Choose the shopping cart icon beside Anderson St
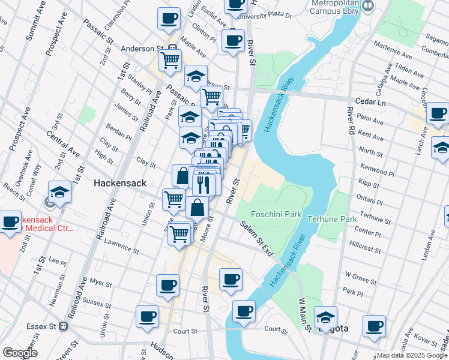click(x=170, y=60)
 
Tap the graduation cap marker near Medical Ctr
click(x=60, y=192)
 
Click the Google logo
click(x=20, y=352)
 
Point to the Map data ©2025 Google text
click(x=412, y=355)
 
